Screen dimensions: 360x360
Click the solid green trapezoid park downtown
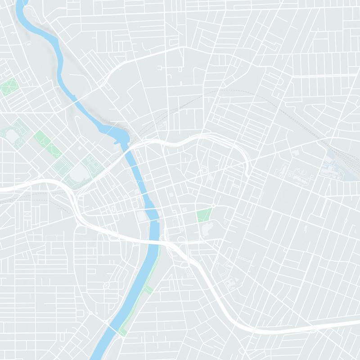tap(204, 215)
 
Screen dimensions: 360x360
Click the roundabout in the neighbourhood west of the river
tap(106, 286)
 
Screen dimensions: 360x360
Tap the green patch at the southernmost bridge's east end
tap(122, 332)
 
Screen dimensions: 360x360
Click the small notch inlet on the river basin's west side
tap(118, 143)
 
